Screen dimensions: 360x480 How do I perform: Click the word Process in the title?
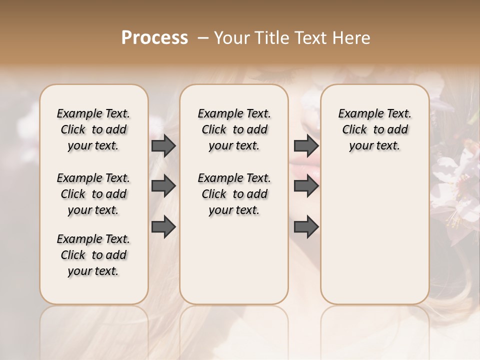(x=154, y=38)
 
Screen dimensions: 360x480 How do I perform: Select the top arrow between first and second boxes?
(x=163, y=146)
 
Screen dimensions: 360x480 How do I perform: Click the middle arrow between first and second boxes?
(x=163, y=186)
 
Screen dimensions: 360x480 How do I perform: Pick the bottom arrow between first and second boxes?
(x=163, y=226)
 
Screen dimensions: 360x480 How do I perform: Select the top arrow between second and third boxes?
(x=306, y=146)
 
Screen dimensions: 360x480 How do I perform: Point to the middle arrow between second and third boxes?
(x=306, y=186)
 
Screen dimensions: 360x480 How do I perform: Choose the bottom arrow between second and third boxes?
(x=306, y=227)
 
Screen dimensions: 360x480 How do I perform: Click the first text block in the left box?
(x=93, y=129)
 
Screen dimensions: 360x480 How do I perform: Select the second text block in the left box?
(x=93, y=194)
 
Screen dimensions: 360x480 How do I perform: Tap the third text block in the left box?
(x=93, y=255)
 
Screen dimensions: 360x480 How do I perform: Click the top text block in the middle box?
(x=234, y=129)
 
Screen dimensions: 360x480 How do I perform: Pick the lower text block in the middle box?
(x=234, y=194)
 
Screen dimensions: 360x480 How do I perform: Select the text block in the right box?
(x=374, y=129)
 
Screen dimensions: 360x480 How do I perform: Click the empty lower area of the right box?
(x=374, y=235)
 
